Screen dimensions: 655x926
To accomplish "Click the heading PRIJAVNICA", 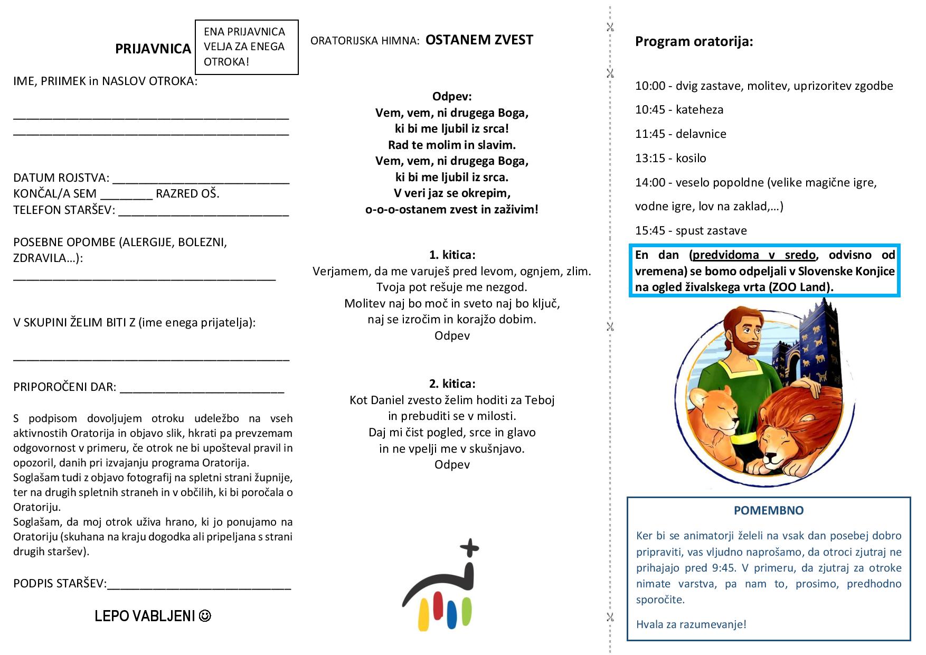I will (153, 49).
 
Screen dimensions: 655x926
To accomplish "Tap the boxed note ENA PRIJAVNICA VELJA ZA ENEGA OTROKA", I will (246, 47).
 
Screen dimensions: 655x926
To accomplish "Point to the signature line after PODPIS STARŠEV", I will (199, 587).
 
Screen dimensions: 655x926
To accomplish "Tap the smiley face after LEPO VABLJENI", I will (205, 616).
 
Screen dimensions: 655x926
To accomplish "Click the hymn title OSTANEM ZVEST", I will (479, 40).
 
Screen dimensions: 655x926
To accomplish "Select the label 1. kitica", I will (452, 255).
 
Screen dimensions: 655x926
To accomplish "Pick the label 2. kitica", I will (452, 383).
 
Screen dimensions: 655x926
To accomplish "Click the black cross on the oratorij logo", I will (469, 548).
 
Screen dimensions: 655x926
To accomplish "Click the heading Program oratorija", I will (694, 42).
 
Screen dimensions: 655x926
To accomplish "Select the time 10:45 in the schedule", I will (650, 110).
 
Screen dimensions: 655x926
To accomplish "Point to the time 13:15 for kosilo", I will (650, 158).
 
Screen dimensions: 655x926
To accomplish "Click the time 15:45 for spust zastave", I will (650, 231).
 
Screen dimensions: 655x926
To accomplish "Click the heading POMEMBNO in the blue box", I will (769, 511).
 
